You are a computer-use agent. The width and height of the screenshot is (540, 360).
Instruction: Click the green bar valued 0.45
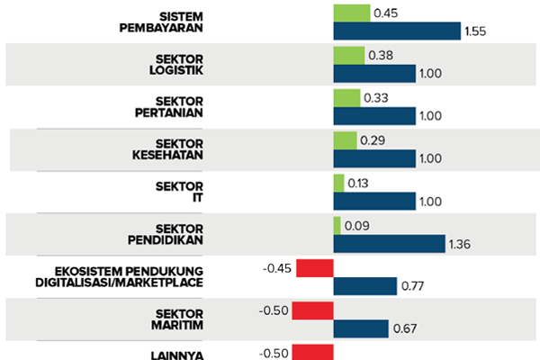pos(351,13)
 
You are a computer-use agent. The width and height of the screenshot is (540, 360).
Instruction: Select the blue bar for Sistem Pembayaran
pos(397,31)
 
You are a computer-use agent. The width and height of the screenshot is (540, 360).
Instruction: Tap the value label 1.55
pos(476,31)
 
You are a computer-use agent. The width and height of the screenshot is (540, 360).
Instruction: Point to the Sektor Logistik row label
pos(176,64)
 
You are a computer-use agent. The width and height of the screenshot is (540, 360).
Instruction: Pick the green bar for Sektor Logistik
pos(348,55)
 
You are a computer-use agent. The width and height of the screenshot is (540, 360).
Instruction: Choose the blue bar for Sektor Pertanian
pos(373,115)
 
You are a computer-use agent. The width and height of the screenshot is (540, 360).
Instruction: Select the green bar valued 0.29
pos(345,140)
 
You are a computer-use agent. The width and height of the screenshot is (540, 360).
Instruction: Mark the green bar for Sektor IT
pos(338,183)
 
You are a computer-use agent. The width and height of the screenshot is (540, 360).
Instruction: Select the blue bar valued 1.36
pos(389,243)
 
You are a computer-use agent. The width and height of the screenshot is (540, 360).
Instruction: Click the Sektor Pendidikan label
pos(166,233)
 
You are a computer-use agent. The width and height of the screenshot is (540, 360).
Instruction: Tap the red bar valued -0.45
pos(315,267)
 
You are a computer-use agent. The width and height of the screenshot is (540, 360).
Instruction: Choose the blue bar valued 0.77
pos(364,286)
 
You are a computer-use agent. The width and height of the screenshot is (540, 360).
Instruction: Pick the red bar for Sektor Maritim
pos(312,310)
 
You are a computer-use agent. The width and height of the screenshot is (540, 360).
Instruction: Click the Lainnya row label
pos(178,354)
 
